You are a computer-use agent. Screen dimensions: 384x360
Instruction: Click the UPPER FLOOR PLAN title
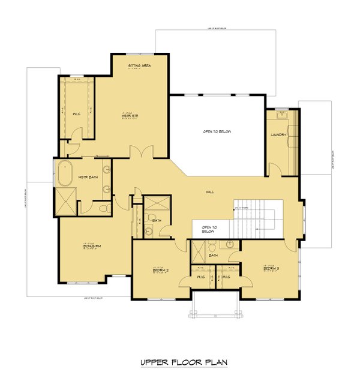[180, 362]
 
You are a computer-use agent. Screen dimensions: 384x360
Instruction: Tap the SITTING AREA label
[139, 65]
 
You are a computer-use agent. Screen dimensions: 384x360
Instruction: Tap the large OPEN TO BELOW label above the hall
[216, 131]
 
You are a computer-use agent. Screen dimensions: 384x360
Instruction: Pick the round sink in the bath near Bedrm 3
[230, 245]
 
